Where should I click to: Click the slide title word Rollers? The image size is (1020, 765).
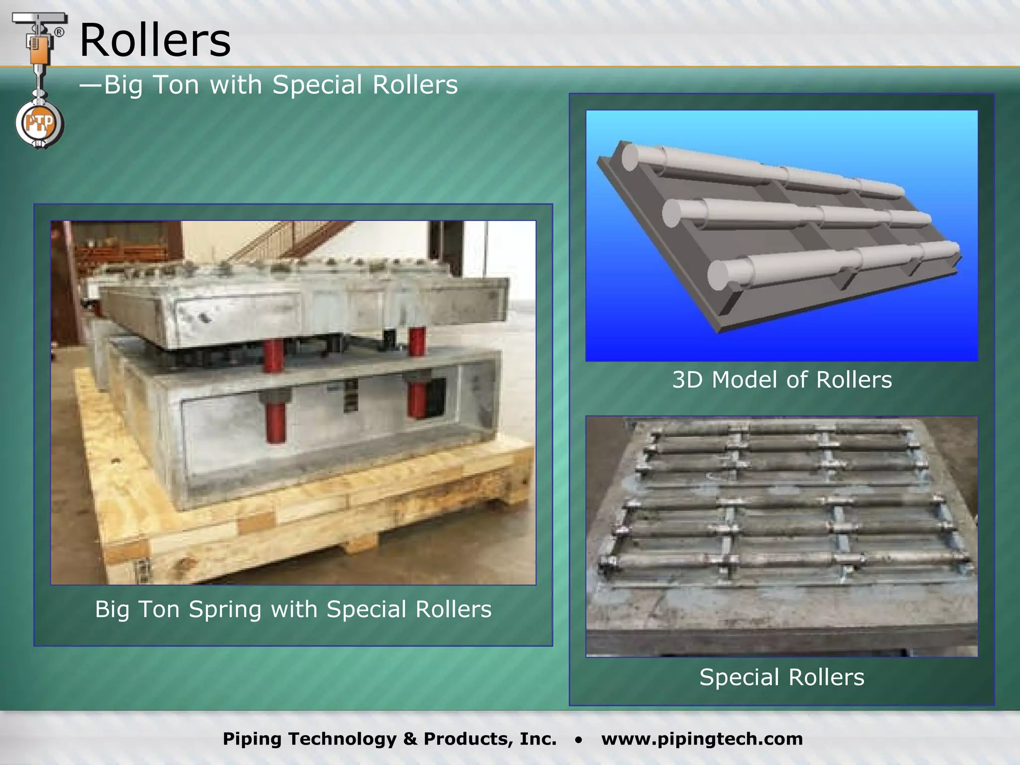[155, 41]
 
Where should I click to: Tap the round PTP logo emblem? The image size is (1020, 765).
[39, 124]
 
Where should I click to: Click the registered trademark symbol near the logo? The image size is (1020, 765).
[59, 33]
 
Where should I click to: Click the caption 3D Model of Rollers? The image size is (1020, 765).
[782, 380]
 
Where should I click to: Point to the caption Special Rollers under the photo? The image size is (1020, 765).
[782, 677]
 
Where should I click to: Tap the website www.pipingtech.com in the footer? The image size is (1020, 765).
[702, 739]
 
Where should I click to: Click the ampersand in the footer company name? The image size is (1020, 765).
[410, 739]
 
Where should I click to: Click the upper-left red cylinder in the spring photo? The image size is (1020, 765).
[273, 355]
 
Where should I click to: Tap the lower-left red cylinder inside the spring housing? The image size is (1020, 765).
[275, 421]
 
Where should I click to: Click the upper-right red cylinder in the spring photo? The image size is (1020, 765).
[417, 341]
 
